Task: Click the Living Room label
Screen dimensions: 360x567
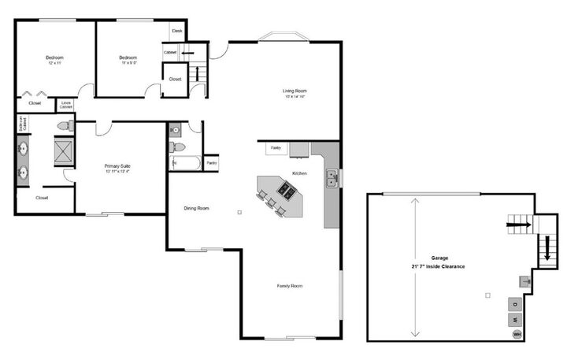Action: (295, 91)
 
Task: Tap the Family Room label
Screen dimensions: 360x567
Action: (289, 286)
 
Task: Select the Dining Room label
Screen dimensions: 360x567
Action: (196, 208)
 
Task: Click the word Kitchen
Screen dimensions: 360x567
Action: (299, 173)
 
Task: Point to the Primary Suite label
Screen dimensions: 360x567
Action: (117, 166)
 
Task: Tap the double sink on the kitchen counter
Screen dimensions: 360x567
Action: (333, 179)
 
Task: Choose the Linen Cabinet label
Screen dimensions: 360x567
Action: (66, 105)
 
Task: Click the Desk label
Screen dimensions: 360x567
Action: (177, 31)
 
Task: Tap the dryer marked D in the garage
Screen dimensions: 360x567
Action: (514, 304)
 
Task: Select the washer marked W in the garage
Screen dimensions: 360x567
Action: (514, 319)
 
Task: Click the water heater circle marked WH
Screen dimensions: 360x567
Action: (517, 334)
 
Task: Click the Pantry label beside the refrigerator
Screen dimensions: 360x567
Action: (276, 147)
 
